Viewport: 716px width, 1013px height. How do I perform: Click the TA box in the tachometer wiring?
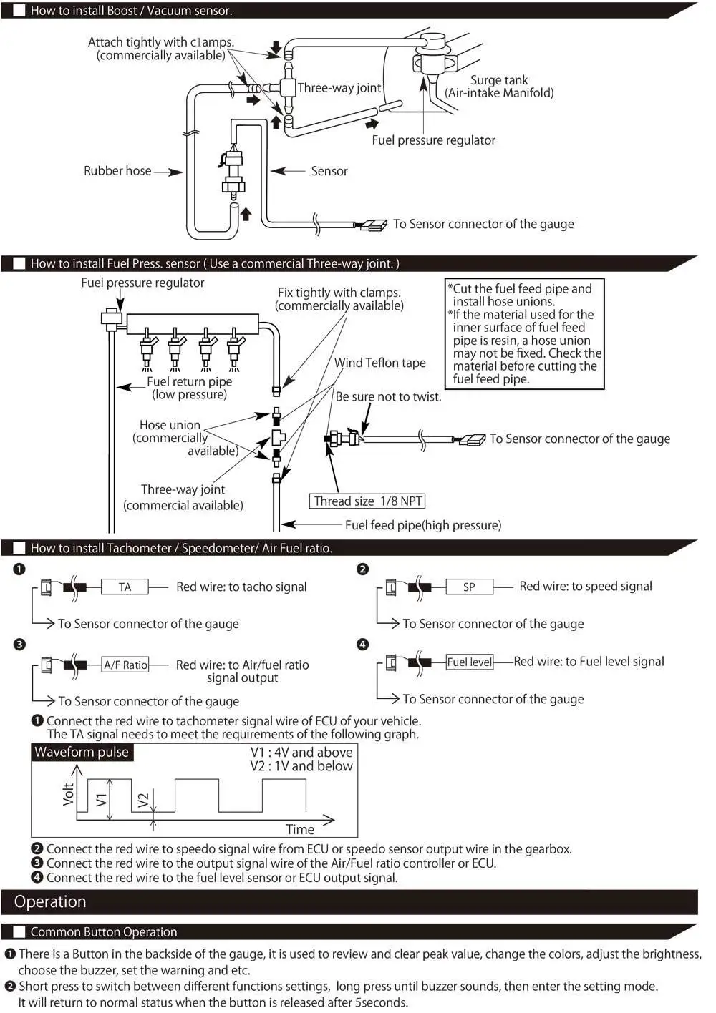pyautogui.click(x=125, y=587)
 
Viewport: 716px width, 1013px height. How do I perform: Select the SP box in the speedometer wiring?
pyautogui.click(x=469, y=587)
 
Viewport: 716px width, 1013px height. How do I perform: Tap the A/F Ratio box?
pyautogui.click(x=125, y=665)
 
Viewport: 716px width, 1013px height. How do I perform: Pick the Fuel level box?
pyautogui.click(x=470, y=662)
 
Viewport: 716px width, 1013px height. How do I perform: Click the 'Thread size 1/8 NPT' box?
pyautogui.click(x=368, y=501)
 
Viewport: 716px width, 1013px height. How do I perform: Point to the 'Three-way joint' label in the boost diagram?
pyautogui.click(x=339, y=88)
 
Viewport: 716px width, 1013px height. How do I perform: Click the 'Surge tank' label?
pyautogui.click(x=499, y=80)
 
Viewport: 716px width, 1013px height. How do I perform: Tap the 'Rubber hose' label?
pyautogui.click(x=117, y=171)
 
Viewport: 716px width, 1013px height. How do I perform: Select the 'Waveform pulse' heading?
pyautogui.click(x=82, y=752)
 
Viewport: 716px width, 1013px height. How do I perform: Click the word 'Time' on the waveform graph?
pyautogui.click(x=300, y=829)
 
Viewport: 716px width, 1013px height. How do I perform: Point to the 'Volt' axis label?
pyautogui.click(x=69, y=794)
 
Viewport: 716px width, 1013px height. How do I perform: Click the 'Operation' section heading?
pyautogui.click(x=50, y=901)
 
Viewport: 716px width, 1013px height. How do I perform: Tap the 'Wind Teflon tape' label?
pyautogui.click(x=379, y=363)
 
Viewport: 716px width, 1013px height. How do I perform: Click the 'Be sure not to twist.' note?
pyautogui.click(x=388, y=396)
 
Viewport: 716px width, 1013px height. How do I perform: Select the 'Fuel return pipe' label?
pyautogui.click(x=189, y=382)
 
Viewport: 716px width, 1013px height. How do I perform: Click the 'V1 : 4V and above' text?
pyautogui.click(x=301, y=752)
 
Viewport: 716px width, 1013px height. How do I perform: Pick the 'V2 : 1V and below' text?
pyautogui.click(x=301, y=765)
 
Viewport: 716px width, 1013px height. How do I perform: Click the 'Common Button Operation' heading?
pyautogui.click(x=104, y=931)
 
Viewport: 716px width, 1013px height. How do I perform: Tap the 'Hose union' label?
pyautogui.click(x=170, y=425)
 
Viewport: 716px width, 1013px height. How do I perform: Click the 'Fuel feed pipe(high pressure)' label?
pyautogui.click(x=423, y=525)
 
